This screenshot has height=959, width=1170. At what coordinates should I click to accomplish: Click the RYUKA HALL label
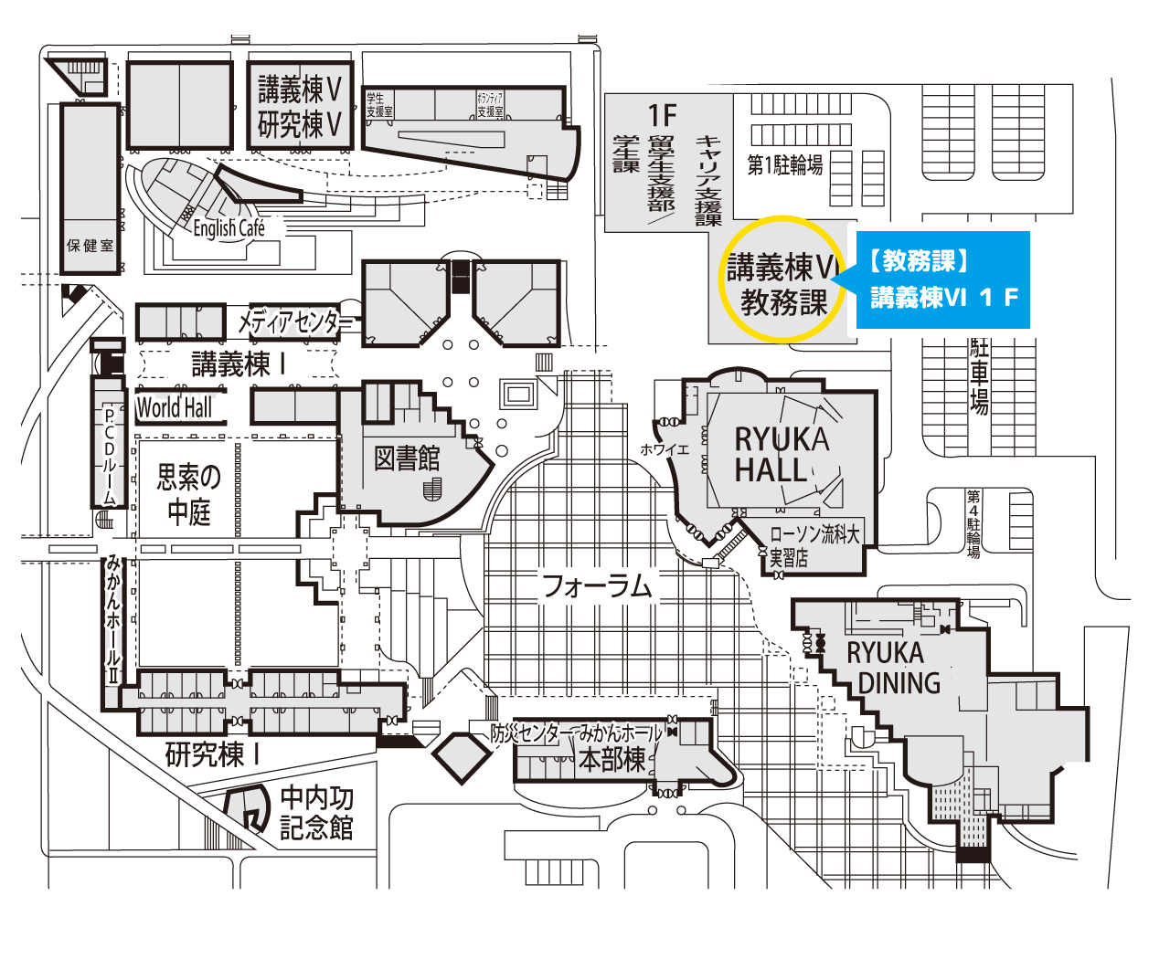tap(782, 455)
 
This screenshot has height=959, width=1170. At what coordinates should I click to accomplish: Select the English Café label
tap(229, 227)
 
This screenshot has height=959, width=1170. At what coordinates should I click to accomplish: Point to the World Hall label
tap(174, 407)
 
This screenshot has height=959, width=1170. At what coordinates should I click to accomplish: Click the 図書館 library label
tap(407, 458)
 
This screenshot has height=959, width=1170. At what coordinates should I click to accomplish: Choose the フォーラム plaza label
tap(597, 585)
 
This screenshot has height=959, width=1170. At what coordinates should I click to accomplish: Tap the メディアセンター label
tap(294, 321)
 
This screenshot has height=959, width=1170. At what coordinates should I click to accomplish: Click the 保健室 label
tap(90, 246)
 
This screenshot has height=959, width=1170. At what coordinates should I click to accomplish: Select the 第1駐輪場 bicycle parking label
tap(784, 165)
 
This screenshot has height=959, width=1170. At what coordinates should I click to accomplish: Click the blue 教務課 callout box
tap(942, 279)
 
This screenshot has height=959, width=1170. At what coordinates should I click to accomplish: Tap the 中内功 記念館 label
tap(316, 813)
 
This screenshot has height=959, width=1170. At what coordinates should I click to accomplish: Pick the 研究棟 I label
tap(213, 754)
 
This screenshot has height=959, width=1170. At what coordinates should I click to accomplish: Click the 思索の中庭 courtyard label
tap(189, 494)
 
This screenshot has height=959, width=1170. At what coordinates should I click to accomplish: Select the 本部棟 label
tap(612, 759)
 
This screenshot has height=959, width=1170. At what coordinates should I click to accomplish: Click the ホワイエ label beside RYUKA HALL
tap(664, 449)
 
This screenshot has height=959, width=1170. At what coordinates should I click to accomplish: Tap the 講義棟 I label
tap(239, 364)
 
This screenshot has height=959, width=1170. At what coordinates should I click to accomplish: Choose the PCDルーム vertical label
tap(109, 454)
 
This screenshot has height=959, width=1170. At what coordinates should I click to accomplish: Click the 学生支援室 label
tap(378, 104)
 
